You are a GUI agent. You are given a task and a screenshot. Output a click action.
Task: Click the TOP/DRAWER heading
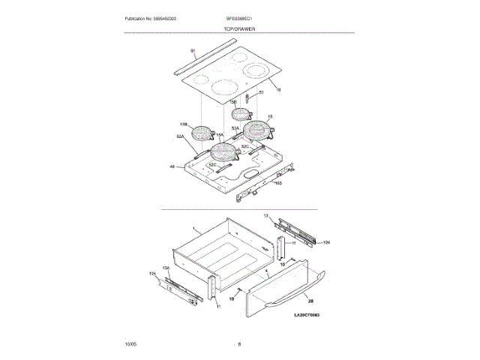coord(239,28)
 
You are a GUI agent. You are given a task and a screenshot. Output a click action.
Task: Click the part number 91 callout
coord(193,51)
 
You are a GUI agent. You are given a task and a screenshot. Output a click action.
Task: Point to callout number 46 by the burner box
coord(172,166)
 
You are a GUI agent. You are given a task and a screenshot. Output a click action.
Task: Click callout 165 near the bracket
coord(278,182)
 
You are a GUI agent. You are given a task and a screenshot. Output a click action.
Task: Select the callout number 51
coord(261,93)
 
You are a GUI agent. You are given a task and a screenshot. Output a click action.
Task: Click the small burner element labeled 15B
coord(241,115)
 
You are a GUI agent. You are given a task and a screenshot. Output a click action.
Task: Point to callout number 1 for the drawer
coord(193,227)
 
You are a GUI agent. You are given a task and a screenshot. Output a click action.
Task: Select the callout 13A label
coord(168,267)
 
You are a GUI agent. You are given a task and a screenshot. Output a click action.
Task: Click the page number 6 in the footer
coord(239,344)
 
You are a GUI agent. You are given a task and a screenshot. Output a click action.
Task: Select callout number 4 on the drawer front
coord(267,268)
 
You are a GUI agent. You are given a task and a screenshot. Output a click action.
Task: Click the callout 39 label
coord(310,299)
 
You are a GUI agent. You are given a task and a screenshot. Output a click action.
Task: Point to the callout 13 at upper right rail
coord(265,215)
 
